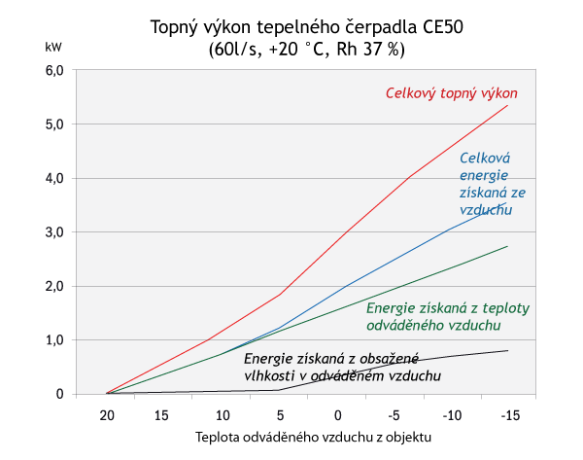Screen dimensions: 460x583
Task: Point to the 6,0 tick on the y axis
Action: (x=54, y=70)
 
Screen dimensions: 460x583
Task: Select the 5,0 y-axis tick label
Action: (x=54, y=124)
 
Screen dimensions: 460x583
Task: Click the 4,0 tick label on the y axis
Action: (x=54, y=178)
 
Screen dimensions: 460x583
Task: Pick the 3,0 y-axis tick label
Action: (x=54, y=232)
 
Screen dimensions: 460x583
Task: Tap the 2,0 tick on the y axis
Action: (x=54, y=286)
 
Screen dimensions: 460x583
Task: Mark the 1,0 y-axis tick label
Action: (x=54, y=340)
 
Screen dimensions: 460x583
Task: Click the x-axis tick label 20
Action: (x=108, y=415)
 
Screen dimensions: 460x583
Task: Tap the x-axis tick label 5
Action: (x=280, y=415)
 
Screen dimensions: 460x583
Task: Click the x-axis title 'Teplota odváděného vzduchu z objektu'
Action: (x=313, y=437)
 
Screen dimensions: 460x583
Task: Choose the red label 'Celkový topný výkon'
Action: (x=452, y=93)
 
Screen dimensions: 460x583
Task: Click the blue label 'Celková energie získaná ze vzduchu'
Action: (x=486, y=183)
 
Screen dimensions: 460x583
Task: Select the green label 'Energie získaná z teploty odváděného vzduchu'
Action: (x=448, y=316)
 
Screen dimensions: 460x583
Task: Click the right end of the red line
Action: (x=507, y=105)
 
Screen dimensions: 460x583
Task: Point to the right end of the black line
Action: (x=507, y=350)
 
